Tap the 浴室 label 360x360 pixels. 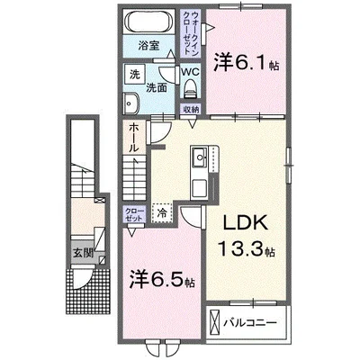pyautogui.click(x=149, y=43)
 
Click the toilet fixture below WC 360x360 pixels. pyautogui.click(x=190, y=88)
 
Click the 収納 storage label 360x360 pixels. pyautogui.click(x=190, y=109)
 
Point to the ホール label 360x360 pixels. pyautogui.click(x=132, y=138)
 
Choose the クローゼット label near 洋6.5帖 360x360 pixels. pyautogui.click(x=132, y=214)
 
